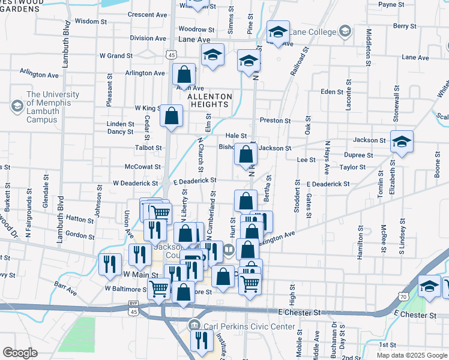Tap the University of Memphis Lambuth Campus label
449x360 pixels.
tap(53, 103)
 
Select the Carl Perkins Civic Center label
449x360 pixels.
tap(249, 326)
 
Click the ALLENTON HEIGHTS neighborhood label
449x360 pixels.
tap(209, 100)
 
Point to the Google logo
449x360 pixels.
tap(20, 352)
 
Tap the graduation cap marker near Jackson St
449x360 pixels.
tap(402, 142)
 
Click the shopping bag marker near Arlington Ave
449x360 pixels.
tap(184, 75)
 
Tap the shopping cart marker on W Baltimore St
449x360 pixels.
tap(159, 289)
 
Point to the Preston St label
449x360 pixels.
tap(275, 120)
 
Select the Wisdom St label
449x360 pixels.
tap(90, 20)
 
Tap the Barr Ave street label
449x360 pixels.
tap(65, 291)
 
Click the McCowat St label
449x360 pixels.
tap(142, 167)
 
